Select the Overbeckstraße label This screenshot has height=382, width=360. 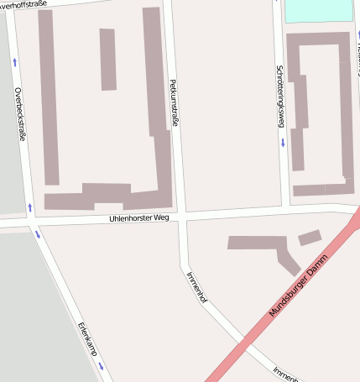[x=18, y=114]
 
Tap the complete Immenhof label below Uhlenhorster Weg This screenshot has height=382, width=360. [x=196, y=286]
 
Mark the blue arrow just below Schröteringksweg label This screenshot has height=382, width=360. [x=283, y=141]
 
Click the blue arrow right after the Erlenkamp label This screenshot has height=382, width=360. [x=100, y=366]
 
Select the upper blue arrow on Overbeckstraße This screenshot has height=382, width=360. [x=15, y=61]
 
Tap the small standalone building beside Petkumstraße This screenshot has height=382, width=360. [x=107, y=59]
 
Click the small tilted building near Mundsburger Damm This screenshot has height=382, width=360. [x=310, y=238]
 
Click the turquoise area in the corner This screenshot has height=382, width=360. [x=318, y=10]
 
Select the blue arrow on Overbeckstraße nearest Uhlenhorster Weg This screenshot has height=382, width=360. [x=30, y=207]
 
